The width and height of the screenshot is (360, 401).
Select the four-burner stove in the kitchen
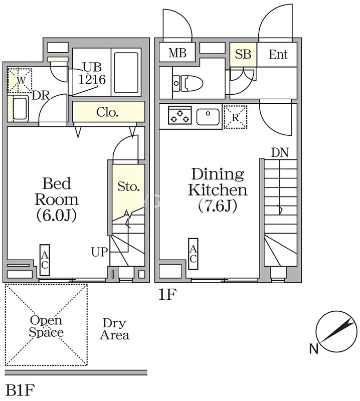(179, 117)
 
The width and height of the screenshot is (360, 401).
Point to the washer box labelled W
(21, 80)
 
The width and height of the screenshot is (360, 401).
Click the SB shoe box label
(243, 54)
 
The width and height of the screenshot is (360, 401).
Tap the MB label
(177, 53)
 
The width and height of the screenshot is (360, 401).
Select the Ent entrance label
(278, 54)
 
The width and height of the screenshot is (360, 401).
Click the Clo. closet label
(107, 112)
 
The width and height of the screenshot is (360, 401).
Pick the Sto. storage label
(128, 187)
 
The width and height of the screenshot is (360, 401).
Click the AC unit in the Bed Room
(45, 260)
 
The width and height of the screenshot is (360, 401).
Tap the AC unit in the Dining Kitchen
(193, 254)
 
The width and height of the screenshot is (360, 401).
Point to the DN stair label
(280, 152)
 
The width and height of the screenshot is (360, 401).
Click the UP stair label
(99, 251)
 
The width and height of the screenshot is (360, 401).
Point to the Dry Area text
(114, 329)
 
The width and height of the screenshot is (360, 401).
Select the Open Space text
(46, 326)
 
